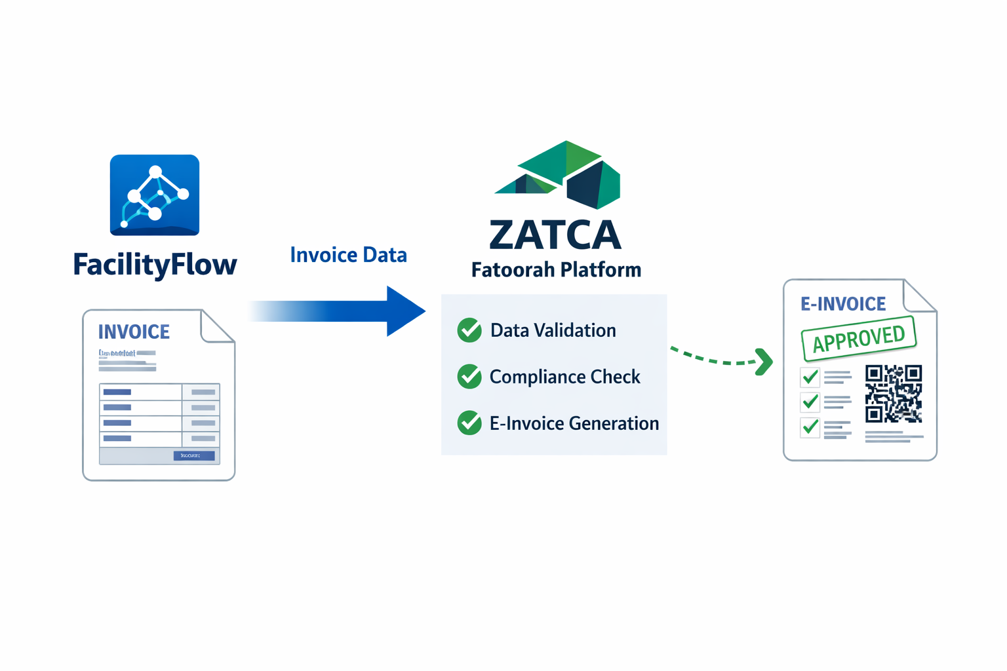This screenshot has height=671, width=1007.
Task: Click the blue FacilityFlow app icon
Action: (155, 195)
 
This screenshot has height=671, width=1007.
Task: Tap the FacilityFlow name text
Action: (155, 265)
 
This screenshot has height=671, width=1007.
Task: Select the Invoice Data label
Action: (348, 255)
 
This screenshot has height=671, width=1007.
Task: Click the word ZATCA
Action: (555, 235)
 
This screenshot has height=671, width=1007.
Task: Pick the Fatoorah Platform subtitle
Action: (556, 270)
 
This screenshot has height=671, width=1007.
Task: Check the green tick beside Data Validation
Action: (469, 330)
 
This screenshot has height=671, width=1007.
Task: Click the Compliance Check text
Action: (564, 377)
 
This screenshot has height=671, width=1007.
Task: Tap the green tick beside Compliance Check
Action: (469, 377)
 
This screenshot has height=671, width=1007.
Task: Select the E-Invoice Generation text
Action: (574, 423)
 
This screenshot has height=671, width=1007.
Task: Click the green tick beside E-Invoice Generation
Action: (469, 423)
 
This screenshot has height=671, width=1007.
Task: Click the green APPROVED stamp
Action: (858, 338)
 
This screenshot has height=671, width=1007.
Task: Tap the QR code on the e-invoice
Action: (894, 393)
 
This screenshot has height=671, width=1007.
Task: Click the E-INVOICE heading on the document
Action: (843, 304)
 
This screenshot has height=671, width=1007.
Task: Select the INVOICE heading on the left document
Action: (134, 332)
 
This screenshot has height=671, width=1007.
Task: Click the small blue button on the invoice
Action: (193, 455)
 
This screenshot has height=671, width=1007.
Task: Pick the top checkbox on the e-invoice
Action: (810, 377)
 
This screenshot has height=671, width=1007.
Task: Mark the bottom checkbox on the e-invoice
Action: (810, 427)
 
